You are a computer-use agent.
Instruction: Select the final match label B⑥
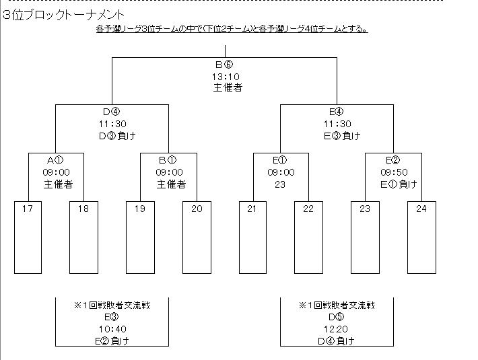tap(224, 65)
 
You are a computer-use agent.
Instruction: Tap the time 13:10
tap(225, 76)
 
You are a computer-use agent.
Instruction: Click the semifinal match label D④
tap(112, 112)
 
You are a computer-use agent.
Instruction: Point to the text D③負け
tap(112, 135)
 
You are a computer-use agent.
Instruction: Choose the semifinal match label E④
tap(337, 112)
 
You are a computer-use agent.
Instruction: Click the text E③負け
tap(341, 135)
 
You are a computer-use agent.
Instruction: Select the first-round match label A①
tap(56, 160)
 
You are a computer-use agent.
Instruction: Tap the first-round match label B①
tap(168, 160)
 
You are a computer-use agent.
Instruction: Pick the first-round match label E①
tap(280, 160)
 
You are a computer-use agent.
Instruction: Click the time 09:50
tap(393, 172)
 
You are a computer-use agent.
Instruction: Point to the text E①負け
tap(398, 184)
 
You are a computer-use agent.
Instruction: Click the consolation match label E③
tap(111, 316)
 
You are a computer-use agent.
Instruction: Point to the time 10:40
tap(111, 328)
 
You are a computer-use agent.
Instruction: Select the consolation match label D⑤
tap(337, 316)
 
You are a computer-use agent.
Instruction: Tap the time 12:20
tap(337, 328)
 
